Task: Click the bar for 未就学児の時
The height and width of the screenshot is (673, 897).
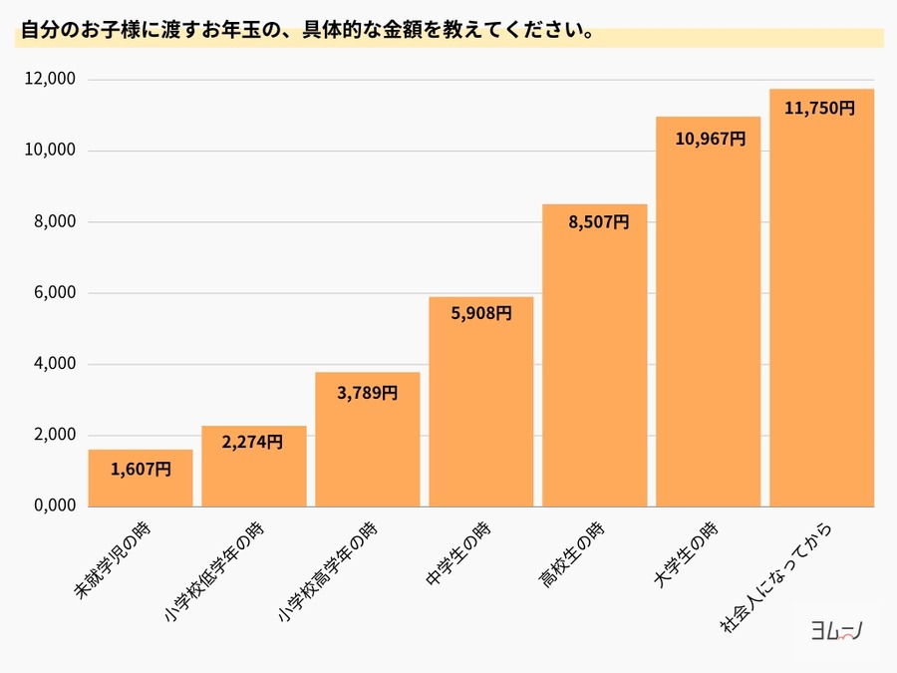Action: pyautogui.click(x=141, y=479)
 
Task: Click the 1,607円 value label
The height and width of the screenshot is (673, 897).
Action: pyautogui.click(x=141, y=468)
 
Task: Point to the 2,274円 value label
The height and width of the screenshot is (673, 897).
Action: pyautogui.click(x=253, y=443)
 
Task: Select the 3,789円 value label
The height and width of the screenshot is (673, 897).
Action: pyautogui.click(x=367, y=393)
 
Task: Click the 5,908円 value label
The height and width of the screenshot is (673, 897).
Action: pyautogui.click(x=481, y=313)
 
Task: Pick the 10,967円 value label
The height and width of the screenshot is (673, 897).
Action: pyautogui.click(x=710, y=139)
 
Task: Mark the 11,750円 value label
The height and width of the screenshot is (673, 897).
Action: pyautogui.click(x=820, y=109)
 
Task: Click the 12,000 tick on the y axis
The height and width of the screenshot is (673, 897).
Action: pyautogui.click(x=51, y=80)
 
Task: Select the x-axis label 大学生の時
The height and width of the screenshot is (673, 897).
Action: pyautogui.click(x=688, y=552)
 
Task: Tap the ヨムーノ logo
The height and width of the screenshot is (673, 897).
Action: pyautogui.click(x=834, y=629)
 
